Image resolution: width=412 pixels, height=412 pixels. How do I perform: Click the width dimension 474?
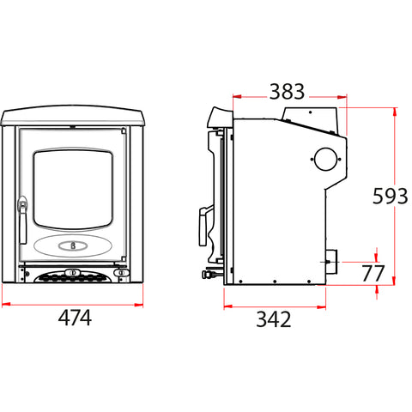point(75,318)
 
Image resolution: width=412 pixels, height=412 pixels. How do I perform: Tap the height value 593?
point(390,197)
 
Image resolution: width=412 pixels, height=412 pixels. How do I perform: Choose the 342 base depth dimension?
point(273,319)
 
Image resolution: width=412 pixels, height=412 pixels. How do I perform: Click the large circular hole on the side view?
point(325,159)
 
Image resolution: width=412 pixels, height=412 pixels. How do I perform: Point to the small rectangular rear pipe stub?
point(330,257)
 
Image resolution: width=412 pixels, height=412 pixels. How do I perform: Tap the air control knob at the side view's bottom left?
point(207,276)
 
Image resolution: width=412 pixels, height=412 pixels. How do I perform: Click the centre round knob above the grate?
point(72,273)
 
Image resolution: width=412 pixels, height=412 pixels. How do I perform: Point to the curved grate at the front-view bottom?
point(72,279)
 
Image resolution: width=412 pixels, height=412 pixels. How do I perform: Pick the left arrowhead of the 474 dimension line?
point(4,302)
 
